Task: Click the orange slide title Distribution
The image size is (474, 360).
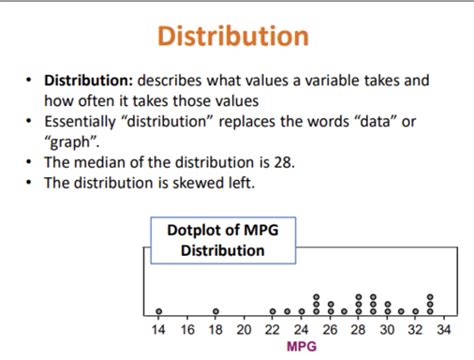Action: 236,38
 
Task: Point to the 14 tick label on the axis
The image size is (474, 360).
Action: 159,330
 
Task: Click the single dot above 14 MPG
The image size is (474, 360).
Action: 159,311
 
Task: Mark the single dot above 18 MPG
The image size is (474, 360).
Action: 216,311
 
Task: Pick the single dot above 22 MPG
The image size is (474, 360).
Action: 273,311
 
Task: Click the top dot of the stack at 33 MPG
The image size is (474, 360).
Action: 430,297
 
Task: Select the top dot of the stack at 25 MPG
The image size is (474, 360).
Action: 316,297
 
